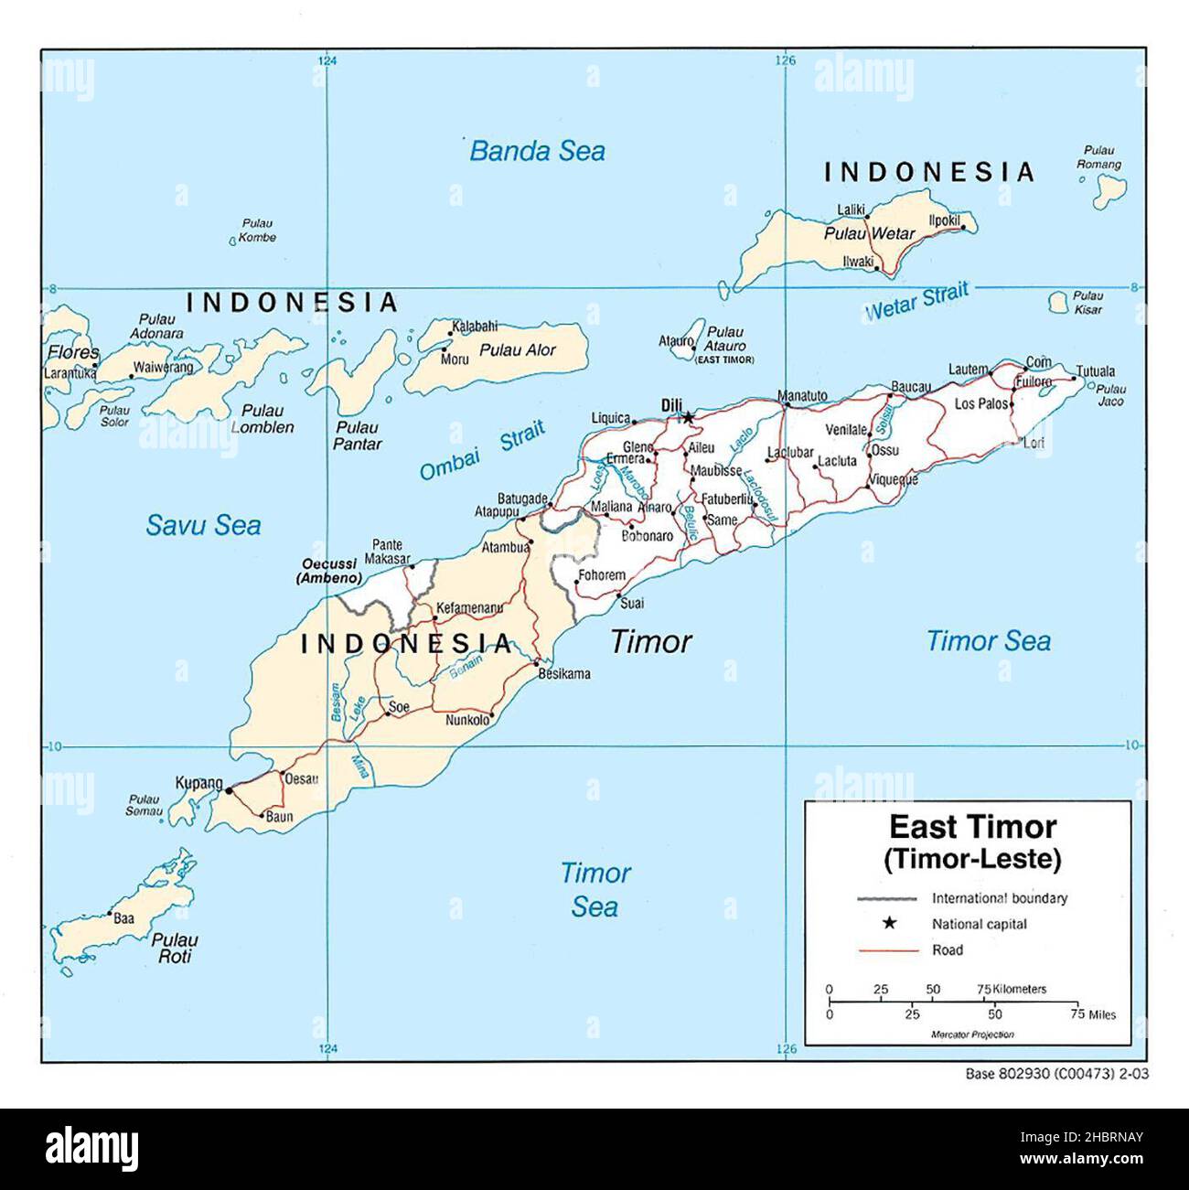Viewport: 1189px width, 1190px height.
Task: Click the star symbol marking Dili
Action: tap(688, 418)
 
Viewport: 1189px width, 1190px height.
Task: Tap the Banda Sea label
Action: tap(537, 151)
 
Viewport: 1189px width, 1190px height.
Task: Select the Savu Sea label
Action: tap(203, 525)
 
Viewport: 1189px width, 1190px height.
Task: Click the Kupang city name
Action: tap(198, 783)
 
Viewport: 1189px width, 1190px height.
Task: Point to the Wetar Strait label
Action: tap(916, 303)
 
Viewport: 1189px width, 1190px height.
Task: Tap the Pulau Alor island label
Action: tap(518, 350)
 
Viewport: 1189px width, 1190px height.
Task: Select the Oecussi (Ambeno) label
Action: tap(328, 572)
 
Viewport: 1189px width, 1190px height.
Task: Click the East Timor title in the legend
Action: tap(972, 827)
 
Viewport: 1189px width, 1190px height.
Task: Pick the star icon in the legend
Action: tap(888, 924)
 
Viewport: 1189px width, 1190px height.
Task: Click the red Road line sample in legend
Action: tap(888, 950)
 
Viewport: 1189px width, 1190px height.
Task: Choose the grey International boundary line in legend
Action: tap(888, 898)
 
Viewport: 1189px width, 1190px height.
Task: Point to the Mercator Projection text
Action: tap(972, 1035)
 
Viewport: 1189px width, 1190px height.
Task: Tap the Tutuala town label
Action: tap(1095, 371)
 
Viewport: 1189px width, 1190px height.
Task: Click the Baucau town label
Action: tap(910, 387)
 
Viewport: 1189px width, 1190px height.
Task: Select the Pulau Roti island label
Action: tap(175, 948)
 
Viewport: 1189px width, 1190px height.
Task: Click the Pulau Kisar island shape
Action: tap(1060, 301)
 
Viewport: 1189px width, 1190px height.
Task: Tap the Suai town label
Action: tap(631, 604)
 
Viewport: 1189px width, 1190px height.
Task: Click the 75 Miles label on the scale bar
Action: tap(1096, 1014)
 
